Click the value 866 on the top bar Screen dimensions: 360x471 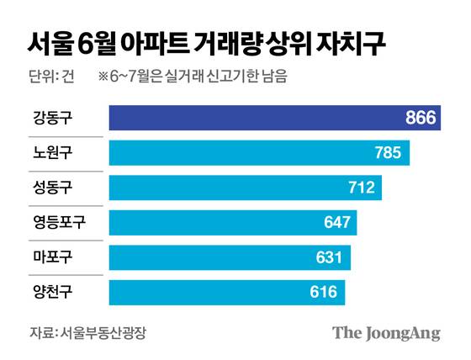click(421, 118)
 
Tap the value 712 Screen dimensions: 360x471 click(362, 188)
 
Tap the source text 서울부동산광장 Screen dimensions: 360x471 click(97, 332)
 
